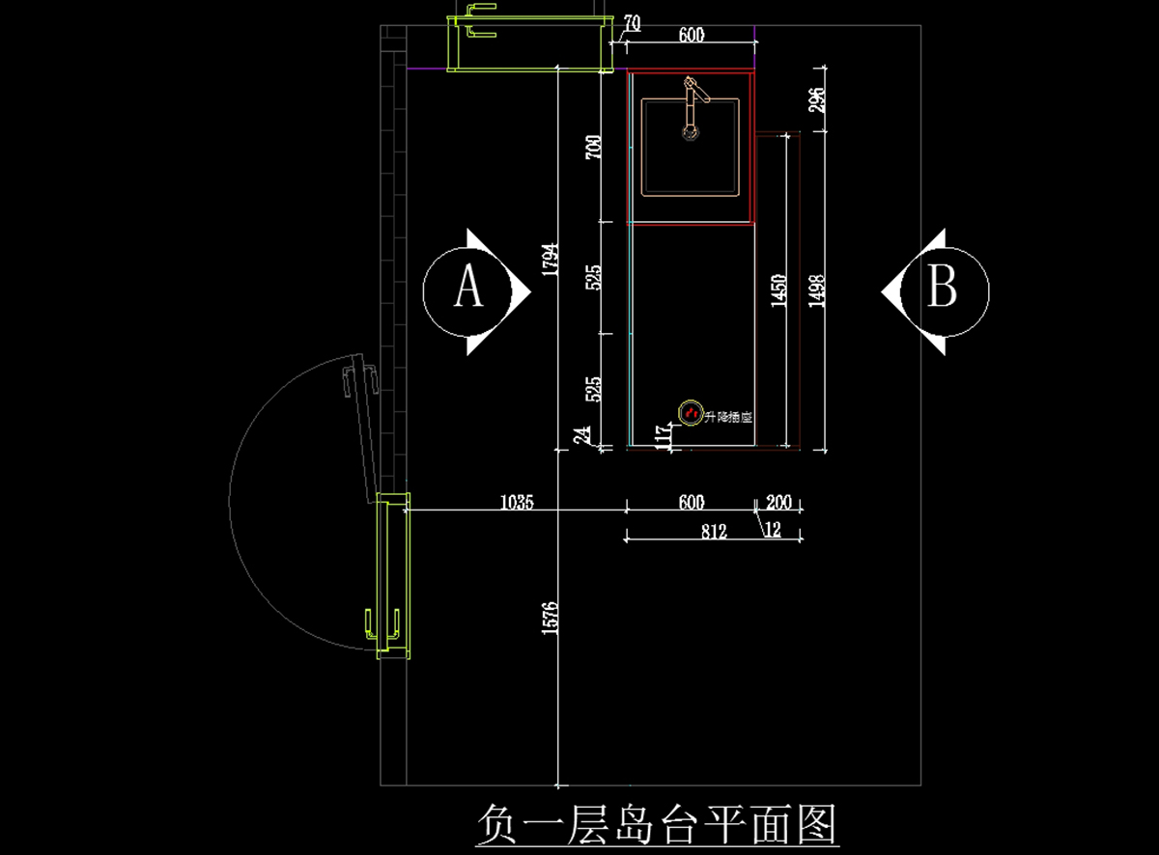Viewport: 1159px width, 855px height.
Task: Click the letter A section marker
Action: coord(468,289)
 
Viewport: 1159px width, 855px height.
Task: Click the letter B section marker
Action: coord(942,288)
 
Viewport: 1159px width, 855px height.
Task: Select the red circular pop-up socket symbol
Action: coord(691,413)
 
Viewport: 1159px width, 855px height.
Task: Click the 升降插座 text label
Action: coord(729,418)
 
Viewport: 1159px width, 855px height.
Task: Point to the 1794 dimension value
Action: coord(551,259)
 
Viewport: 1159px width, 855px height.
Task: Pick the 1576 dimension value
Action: coord(551,618)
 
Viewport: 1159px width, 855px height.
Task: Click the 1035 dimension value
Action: coord(517,502)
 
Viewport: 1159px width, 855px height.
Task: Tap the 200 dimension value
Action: coord(778,502)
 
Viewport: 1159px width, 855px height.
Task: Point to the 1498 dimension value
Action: coord(816,290)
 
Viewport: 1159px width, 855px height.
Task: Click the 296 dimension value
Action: coord(816,100)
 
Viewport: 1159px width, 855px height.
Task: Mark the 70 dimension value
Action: coord(633,22)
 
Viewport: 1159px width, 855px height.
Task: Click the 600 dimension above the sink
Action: coord(692,36)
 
